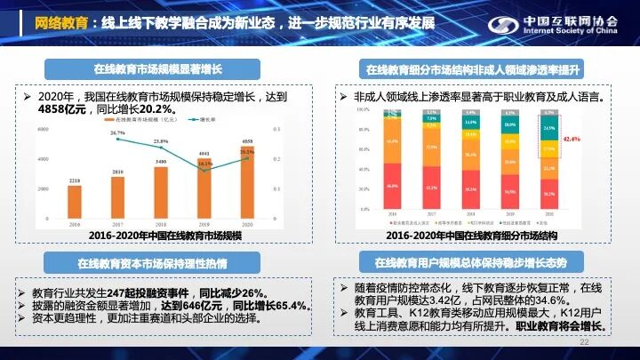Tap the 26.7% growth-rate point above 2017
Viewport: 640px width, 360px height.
pyautogui.click(x=117, y=140)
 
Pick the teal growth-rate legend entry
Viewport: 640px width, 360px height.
pyautogui.click(x=210, y=117)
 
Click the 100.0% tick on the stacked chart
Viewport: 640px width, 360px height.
pyautogui.click(x=362, y=109)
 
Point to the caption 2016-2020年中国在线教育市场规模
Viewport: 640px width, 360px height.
pyautogui.click(x=164, y=236)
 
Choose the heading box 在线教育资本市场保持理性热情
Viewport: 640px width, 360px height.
pyautogui.click(x=152, y=263)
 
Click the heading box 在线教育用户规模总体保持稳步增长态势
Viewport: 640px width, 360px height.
pyautogui.click(x=471, y=262)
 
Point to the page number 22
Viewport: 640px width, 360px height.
pyautogui.click(x=584, y=342)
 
